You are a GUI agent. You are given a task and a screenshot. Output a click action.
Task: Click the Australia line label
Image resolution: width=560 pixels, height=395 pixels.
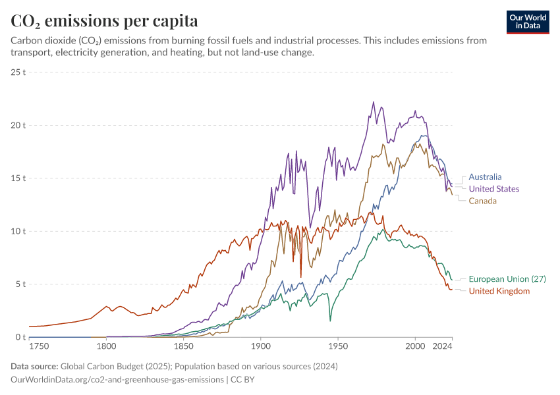(x=485, y=176)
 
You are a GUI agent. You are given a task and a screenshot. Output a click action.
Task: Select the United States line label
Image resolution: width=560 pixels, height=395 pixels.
(x=494, y=189)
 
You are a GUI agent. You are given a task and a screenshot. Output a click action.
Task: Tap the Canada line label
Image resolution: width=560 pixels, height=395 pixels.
(x=482, y=201)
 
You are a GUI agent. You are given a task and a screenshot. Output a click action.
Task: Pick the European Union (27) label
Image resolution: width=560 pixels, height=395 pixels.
(x=507, y=279)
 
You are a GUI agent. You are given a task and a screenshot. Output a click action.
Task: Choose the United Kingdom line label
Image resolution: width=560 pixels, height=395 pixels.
(x=499, y=291)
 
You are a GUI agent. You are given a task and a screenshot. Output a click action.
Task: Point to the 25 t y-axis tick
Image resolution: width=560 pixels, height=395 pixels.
(x=18, y=72)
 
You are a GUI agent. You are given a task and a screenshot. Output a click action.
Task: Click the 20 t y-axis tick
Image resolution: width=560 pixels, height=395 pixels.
(x=18, y=125)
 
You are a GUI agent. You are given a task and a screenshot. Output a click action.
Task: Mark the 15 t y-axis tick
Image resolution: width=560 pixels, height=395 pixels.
(x=18, y=178)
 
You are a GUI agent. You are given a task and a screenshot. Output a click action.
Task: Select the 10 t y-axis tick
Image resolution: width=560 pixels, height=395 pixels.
(x=18, y=231)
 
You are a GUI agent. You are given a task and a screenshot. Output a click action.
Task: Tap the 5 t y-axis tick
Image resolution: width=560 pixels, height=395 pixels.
(x=20, y=284)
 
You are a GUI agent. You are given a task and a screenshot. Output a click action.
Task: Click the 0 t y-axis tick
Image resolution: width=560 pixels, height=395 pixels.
(x=20, y=337)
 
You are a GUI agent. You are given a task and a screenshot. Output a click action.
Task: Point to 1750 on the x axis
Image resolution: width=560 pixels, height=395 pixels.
(x=39, y=346)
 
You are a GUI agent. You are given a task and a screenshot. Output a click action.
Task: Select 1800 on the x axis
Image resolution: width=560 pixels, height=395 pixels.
(x=105, y=346)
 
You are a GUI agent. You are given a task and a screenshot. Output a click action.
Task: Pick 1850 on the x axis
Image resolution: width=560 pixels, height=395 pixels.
(x=183, y=346)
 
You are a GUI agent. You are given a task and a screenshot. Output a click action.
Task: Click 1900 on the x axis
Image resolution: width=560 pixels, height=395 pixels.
(x=260, y=346)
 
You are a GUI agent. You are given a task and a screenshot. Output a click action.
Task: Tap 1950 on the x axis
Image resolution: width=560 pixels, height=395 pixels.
(x=338, y=346)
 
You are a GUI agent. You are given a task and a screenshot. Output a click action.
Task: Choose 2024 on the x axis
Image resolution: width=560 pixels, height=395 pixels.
(x=443, y=346)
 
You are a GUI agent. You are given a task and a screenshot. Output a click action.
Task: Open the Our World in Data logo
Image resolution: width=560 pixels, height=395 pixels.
(x=528, y=22)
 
